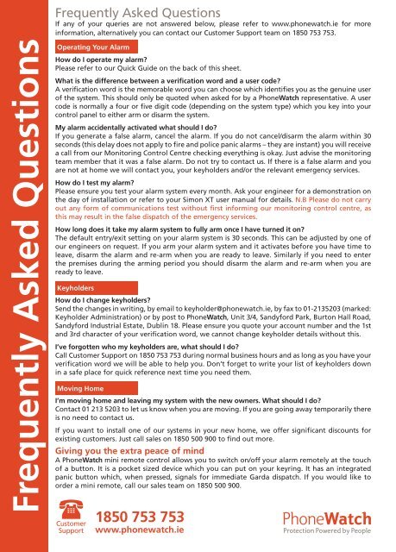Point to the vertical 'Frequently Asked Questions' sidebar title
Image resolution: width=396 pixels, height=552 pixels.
click(x=23, y=259)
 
